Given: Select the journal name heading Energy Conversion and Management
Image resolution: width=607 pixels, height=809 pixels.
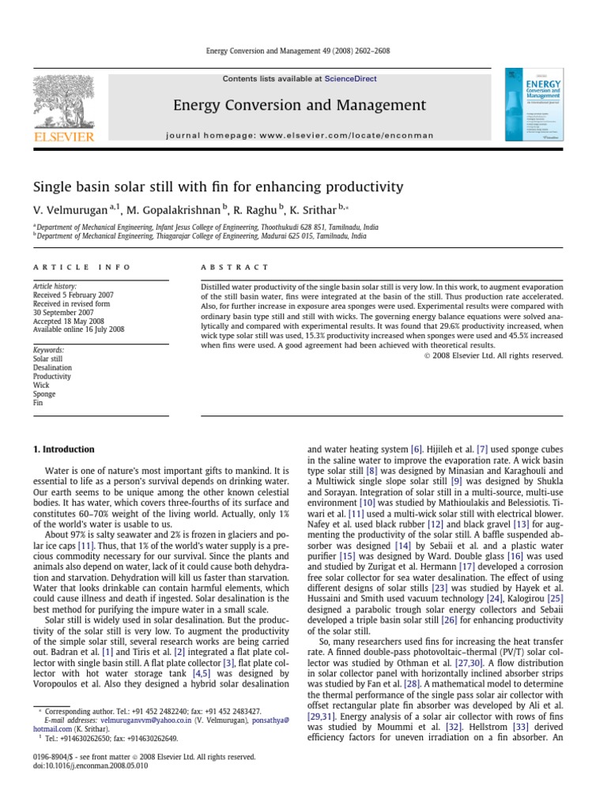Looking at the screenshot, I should (300, 105).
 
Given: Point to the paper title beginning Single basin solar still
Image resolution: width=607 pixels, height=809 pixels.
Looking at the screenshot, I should (217, 187).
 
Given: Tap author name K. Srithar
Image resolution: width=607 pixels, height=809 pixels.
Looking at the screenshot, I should (306, 209).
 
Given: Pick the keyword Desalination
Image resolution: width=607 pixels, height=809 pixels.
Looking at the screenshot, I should (52, 367).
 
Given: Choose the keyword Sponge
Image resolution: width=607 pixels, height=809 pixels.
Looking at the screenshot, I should (44, 393).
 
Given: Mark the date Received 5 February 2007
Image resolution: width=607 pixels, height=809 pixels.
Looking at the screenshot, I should (73, 295).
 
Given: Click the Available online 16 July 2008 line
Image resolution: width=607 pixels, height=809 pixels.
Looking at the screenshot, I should (78, 329).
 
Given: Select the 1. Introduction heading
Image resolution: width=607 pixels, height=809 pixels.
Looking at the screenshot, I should (63, 450).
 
